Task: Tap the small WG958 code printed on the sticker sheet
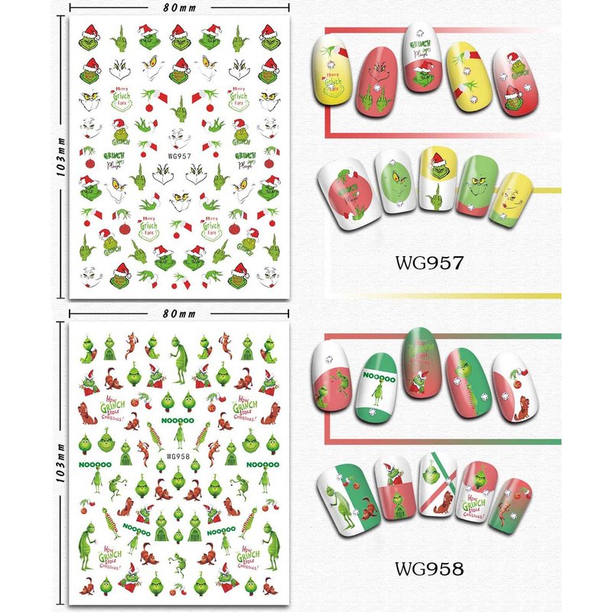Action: (177, 457)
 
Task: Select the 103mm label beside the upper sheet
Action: (60, 164)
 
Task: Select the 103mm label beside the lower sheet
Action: (60, 468)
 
